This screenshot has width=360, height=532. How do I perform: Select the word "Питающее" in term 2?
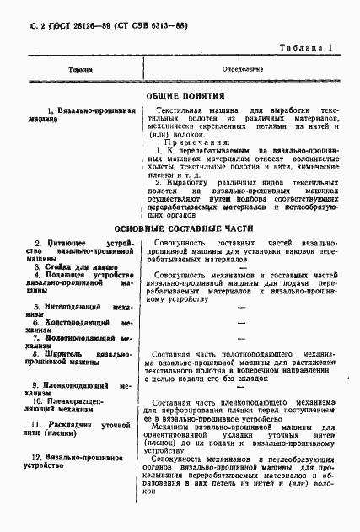tap(60, 243)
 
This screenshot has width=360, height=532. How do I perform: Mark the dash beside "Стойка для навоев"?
tap(242, 267)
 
